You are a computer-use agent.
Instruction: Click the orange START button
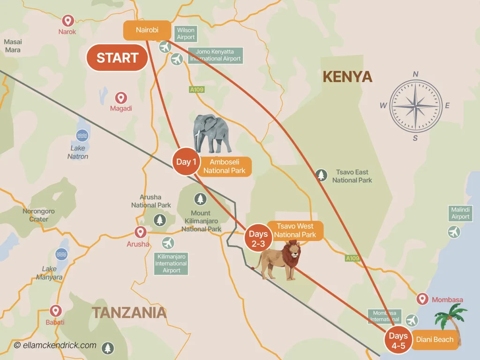[x=117, y=58]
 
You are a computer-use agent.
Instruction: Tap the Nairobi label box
[x=147, y=30]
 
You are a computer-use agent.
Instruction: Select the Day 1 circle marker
[x=186, y=162]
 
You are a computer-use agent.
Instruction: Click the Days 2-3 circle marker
[x=258, y=239]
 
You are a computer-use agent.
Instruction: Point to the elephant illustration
[x=213, y=134]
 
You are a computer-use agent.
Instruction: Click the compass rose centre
[x=416, y=105]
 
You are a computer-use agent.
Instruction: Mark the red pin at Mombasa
[x=422, y=299]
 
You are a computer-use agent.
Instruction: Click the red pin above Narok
[x=67, y=21]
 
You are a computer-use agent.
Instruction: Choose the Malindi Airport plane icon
[x=454, y=232]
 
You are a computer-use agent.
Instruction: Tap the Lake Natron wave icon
[x=82, y=136]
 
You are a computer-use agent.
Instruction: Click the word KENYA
[x=347, y=76]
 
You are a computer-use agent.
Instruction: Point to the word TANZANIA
[x=129, y=313]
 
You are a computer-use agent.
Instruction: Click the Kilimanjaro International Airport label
[x=172, y=263]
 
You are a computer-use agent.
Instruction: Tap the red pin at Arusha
[x=140, y=232]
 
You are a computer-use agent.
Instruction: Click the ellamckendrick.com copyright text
[x=55, y=345]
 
